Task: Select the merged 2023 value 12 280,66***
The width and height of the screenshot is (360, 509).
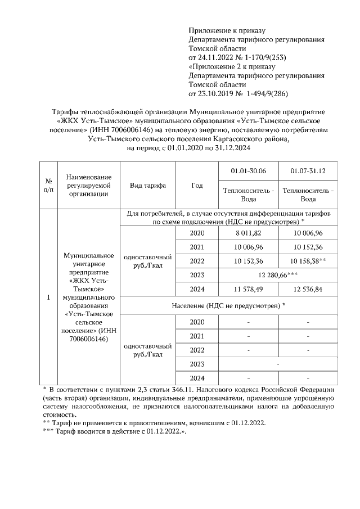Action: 278,275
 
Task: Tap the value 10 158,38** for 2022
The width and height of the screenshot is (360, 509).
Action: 308,261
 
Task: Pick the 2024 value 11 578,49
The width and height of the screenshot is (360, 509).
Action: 249,289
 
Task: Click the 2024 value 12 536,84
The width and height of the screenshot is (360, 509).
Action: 308,289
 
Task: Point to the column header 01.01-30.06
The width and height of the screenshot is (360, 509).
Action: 249,171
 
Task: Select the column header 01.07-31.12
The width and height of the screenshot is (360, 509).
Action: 308,171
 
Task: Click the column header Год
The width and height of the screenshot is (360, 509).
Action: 197,186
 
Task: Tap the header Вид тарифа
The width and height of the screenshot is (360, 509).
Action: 148,186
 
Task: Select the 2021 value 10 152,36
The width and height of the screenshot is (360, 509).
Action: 308,247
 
